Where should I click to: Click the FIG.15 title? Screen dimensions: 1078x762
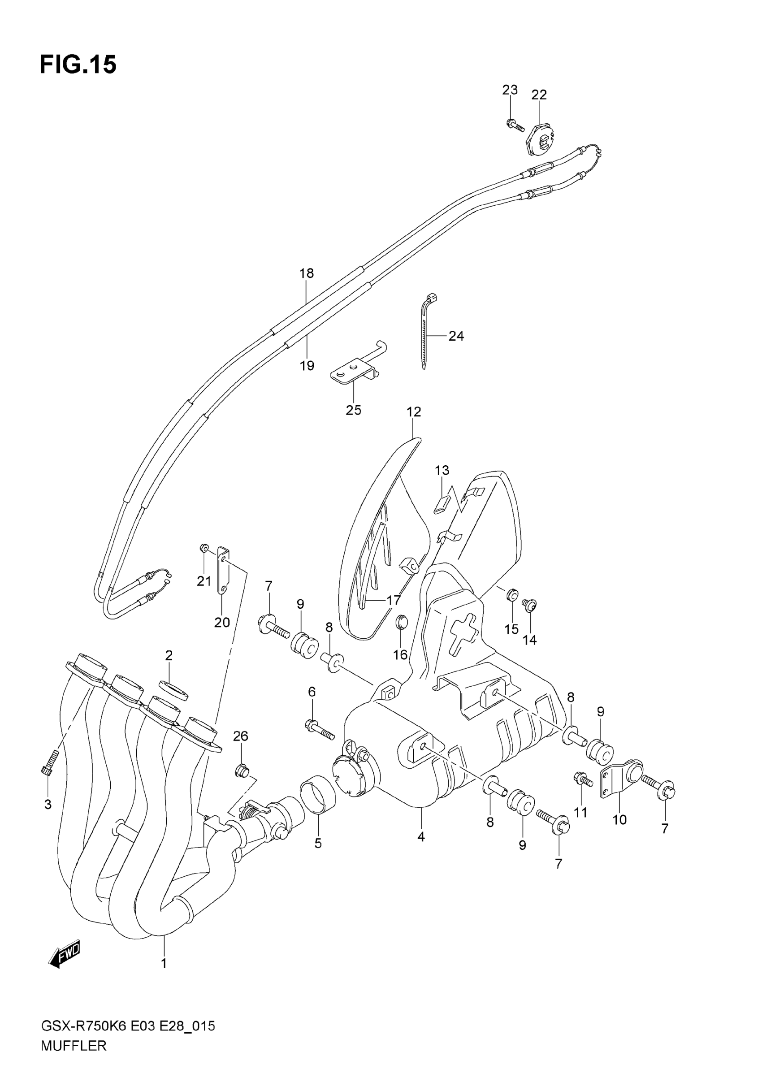pyautogui.click(x=78, y=65)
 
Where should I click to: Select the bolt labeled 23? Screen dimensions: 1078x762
pyautogui.click(x=515, y=125)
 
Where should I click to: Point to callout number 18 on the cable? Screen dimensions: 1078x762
pyautogui.click(x=307, y=273)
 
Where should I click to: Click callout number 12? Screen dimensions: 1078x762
pyautogui.click(x=414, y=412)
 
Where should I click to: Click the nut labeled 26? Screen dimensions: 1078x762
pyautogui.click(x=242, y=771)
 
